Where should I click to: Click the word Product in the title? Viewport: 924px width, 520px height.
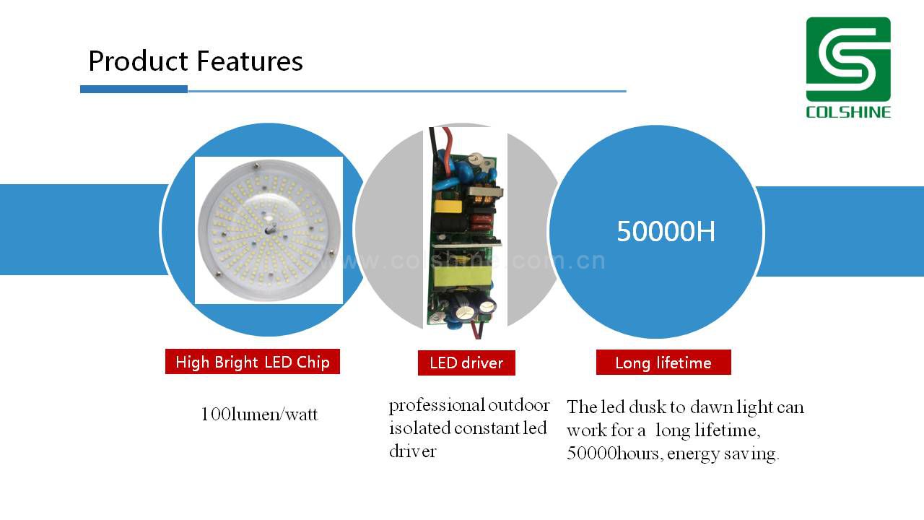click(138, 61)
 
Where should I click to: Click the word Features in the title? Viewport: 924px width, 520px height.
click(250, 61)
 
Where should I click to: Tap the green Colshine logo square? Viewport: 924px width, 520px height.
click(848, 59)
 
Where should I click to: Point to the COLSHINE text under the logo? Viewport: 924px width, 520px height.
click(848, 112)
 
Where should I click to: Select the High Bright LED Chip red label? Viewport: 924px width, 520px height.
click(253, 362)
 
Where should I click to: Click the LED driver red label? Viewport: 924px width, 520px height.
click(466, 363)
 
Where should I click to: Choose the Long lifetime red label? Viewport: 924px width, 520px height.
click(663, 363)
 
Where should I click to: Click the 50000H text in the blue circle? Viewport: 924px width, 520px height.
click(666, 231)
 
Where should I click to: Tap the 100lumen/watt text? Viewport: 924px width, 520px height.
click(259, 414)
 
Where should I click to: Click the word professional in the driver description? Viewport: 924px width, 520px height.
click(437, 406)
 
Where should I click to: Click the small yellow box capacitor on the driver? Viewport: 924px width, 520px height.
click(447, 206)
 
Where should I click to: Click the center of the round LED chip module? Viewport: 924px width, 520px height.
click(269, 230)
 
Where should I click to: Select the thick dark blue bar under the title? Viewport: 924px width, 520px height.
click(134, 89)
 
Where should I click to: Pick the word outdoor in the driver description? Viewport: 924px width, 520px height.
click(519, 405)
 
